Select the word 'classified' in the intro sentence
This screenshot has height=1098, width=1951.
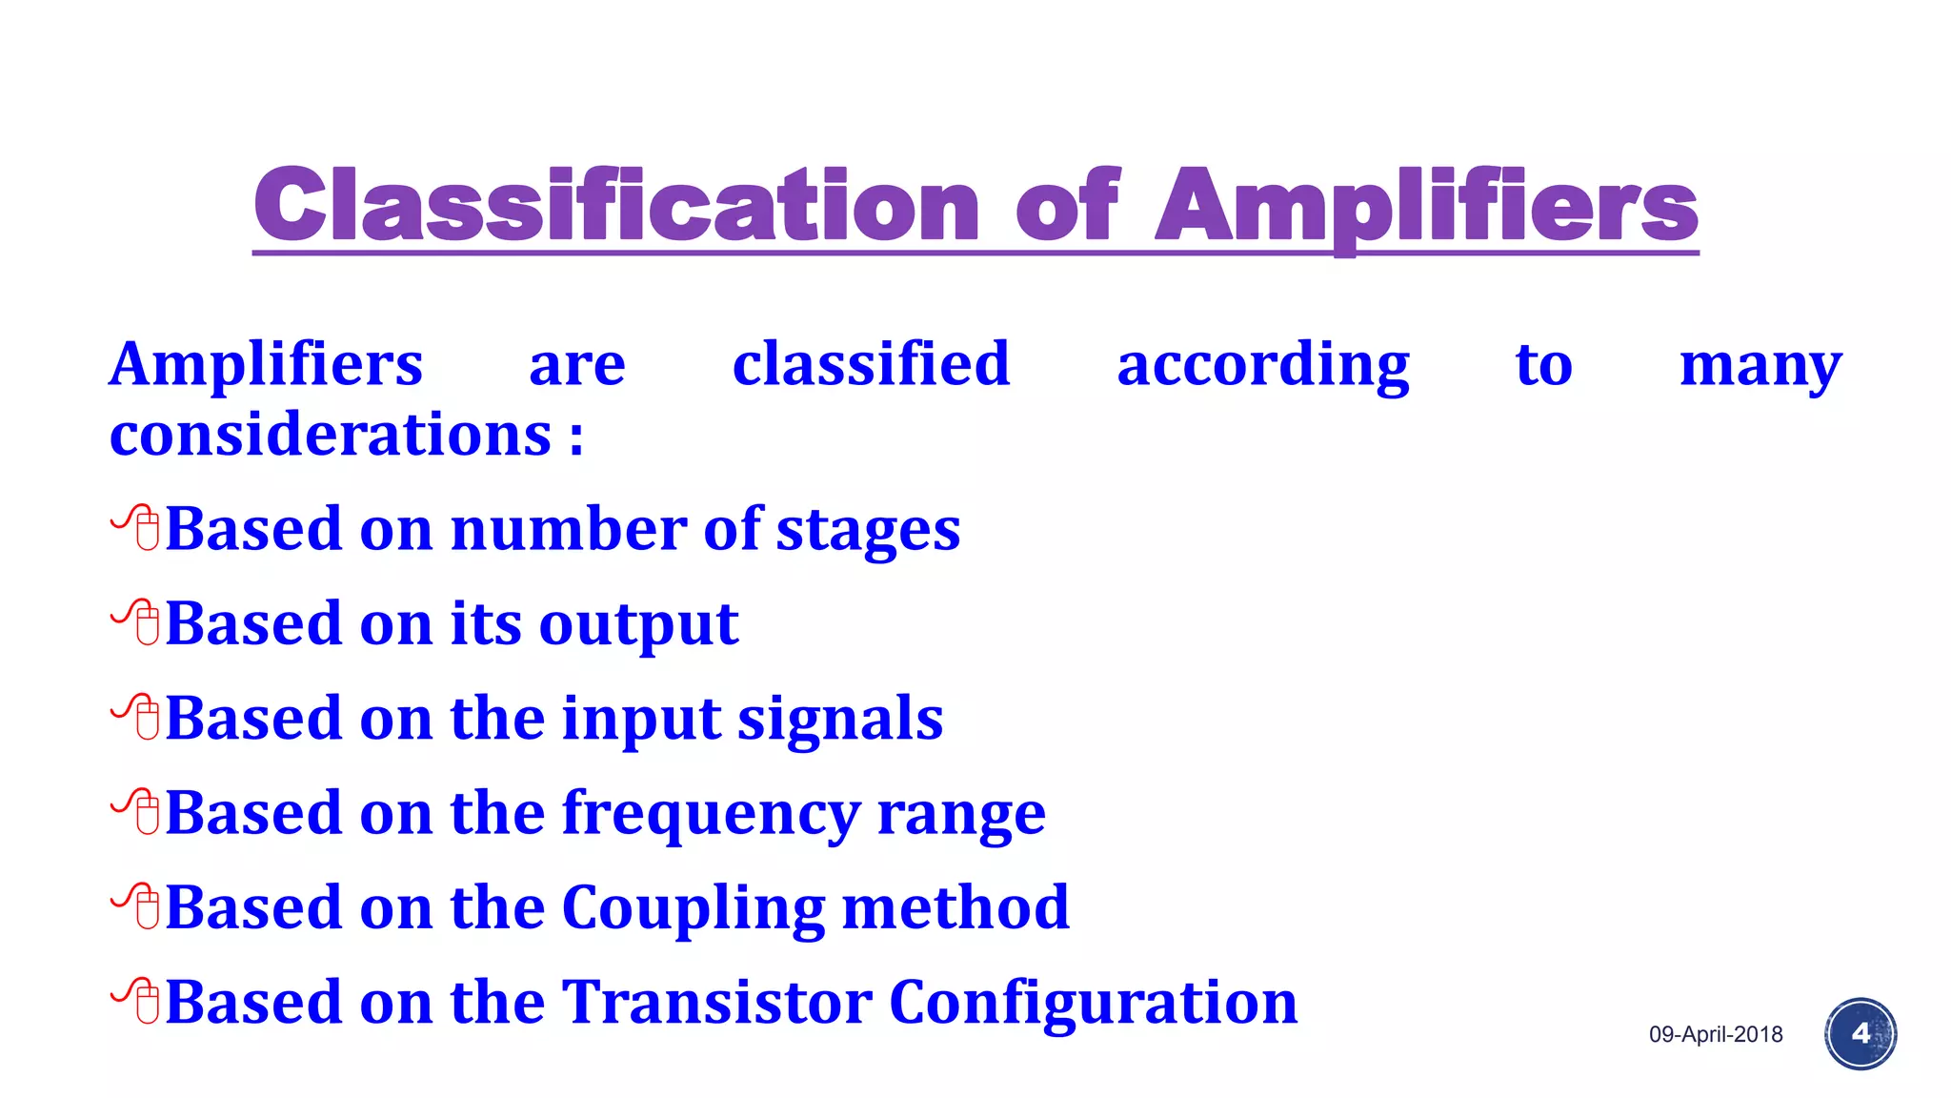(871, 364)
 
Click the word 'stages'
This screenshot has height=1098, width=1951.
(868, 531)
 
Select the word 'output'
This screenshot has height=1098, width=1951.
(638, 625)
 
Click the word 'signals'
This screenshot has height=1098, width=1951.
(840, 719)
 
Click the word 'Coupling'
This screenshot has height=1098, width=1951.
(694, 908)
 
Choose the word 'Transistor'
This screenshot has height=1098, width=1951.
(717, 1002)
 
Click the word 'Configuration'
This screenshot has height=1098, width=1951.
(1093, 1004)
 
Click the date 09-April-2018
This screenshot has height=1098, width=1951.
(1716, 1034)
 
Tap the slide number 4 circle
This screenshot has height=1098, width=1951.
(1860, 1034)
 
